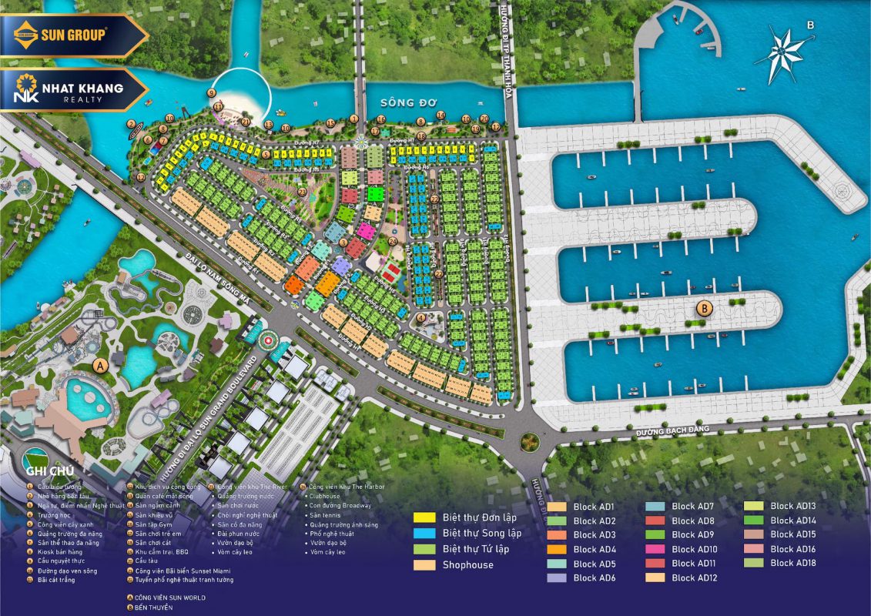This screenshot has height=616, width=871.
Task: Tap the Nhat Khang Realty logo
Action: [x=69, y=89]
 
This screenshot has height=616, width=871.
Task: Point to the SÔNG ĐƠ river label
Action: [x=408, y=102]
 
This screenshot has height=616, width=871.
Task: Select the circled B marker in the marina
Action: [x=702, y=309]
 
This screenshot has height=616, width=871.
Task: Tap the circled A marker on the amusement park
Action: [x=99, y=365]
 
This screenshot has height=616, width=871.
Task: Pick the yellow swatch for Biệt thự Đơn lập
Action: [x=424, y=517]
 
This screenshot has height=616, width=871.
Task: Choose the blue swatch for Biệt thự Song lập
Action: [x=424, y=533]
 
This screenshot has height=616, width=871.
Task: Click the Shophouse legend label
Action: [x=467, y=564]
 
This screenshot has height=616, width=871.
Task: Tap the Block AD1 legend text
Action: [x=595, y=507]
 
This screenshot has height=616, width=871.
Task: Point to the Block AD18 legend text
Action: [x=792, y=563]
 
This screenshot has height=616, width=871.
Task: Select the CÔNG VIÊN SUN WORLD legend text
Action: [x=169, y=598]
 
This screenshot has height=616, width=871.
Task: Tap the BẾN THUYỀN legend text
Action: [x=154, y=608]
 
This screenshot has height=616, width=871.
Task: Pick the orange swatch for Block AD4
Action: [x=558, y=549]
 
